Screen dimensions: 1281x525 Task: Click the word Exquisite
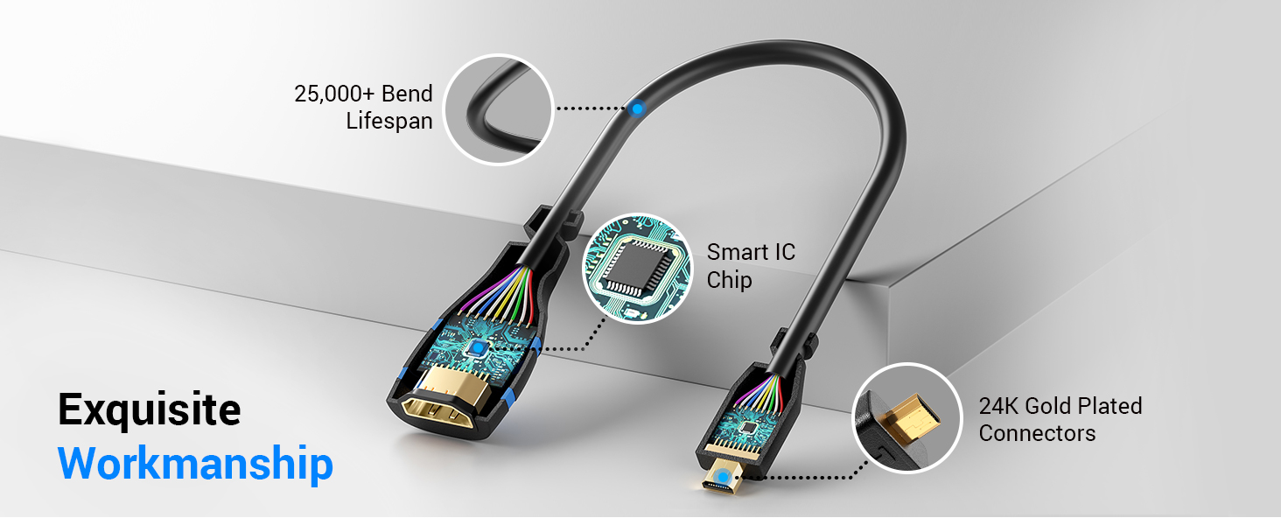[149, 409]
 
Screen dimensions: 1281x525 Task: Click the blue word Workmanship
[195, 463]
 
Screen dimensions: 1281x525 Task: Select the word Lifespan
[389, 121]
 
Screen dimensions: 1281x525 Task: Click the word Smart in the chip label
[738, 253]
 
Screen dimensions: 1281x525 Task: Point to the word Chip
[729, 281]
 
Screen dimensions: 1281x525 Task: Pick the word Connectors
[1037, 433]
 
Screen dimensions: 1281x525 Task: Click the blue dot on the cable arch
[638, 109]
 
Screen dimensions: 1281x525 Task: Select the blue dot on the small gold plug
[724, 478]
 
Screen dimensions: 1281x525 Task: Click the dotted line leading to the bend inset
[591, 109]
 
